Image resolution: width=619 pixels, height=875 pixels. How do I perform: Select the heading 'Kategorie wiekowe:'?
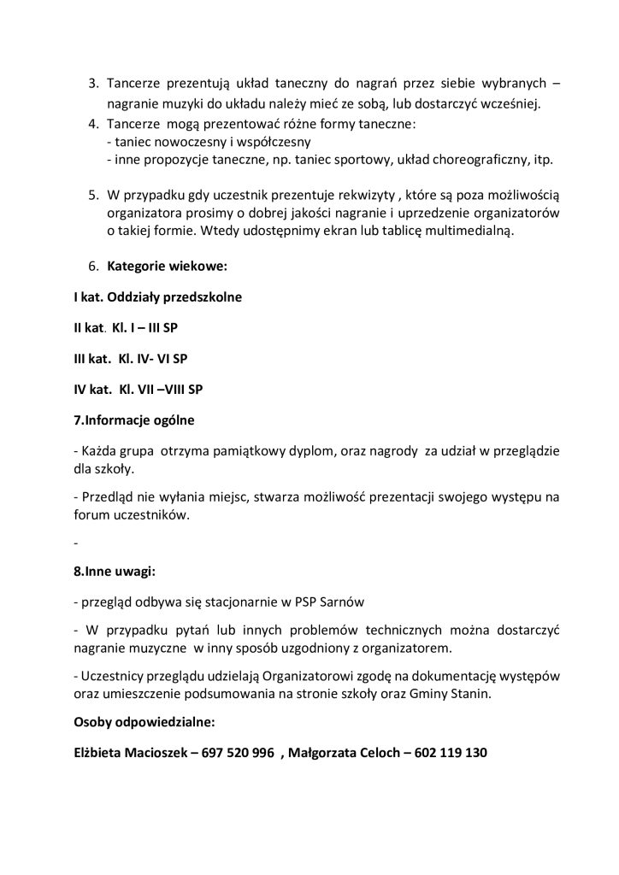click(x=167, y=267)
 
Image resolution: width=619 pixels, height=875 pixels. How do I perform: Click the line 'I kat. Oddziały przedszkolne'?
click(x=157, y=297)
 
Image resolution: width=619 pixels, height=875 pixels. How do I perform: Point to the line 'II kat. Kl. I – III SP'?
click(x=126, y=327)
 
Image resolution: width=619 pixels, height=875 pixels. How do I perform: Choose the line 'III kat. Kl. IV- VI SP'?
click(x=130, y=358)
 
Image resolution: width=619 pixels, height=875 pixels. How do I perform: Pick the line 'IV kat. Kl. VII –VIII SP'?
click(x=138, y=389)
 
